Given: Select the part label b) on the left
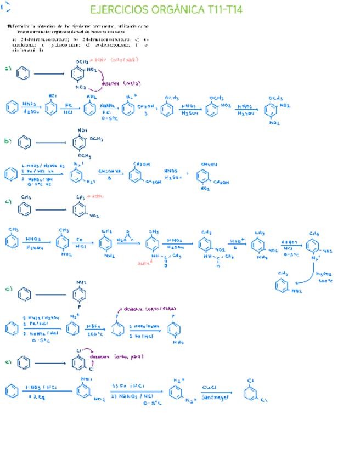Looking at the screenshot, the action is click(x=8, y=141).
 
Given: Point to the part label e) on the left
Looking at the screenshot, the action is click(x=8, y=361).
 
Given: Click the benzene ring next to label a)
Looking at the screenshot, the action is click(x=23, y=73).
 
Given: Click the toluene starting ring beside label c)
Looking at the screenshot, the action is click(x=24, y=208).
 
